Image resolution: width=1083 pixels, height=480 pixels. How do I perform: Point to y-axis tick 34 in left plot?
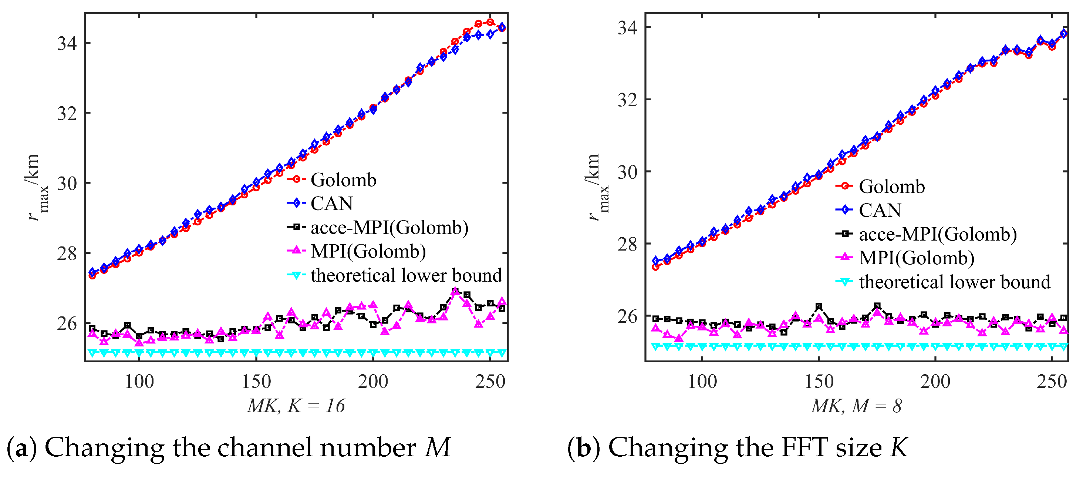click(67, 43)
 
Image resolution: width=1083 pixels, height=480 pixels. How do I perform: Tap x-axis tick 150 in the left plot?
click(256, 382)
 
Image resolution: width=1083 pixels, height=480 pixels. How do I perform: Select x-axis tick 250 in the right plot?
click(1052, 382)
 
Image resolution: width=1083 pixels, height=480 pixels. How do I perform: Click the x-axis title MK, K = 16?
click(296, 406)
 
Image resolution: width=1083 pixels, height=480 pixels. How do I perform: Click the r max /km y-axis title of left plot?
click(37, 187)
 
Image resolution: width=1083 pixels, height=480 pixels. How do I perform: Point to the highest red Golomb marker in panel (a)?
click(490, 22)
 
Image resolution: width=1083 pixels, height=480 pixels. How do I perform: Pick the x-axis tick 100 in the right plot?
click(702, 382)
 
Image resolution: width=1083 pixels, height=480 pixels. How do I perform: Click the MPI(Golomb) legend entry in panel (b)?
click(917, 258)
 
